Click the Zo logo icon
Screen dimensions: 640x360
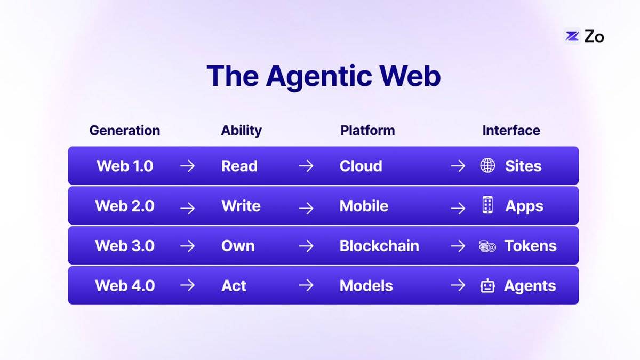[572, 36]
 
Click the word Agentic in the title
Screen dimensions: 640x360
[319, 76]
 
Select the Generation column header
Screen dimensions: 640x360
[125, 131]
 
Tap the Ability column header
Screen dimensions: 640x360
[241, 131]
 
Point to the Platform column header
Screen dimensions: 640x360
[367, 131]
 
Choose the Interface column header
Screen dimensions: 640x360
[511, 131]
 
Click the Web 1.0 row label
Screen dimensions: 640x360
[125, 166]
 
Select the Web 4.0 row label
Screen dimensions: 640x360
[125, 285]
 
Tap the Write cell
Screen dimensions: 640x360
[241, 206]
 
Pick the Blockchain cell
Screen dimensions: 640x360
[379, 246]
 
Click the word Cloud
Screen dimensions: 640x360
[361, 166]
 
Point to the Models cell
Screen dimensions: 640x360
[366, 285]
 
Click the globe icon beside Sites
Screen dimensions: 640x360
[487, 165]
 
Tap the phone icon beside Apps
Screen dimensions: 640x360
[487, 205]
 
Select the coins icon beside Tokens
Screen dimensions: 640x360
[487, 246]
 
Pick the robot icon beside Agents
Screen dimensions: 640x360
[487, 285]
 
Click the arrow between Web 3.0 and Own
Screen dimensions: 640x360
[187, 246]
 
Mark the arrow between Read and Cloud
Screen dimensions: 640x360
[306, 166]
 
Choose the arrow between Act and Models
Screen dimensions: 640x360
[306, 285]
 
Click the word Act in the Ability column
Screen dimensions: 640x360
[234, 285]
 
